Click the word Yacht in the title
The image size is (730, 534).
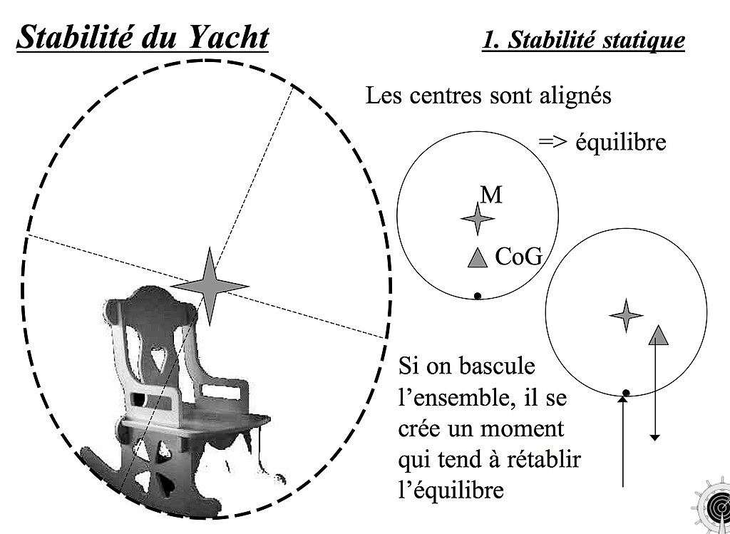[x=229, y=37]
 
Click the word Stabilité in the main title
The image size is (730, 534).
[x=73, y=37]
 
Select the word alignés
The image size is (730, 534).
[x=575, y=96]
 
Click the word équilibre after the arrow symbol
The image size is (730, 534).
[x=621, y=143]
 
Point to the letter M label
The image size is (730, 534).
[x=491, y=195]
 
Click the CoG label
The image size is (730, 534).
[x=519, y=257]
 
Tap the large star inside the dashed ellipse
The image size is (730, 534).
[x=210, y=286]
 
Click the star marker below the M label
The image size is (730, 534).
[x=478, y=218]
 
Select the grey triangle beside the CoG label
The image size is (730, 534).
[x=478, y=258]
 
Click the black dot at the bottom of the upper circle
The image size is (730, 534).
[x=477, y=296]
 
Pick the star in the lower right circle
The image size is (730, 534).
[x=626, y=316]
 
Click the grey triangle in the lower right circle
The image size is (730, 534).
[x=658, y=335]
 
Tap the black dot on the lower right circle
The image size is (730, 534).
[x=626, y=393]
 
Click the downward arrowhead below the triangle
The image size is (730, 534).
[x=654, y=437]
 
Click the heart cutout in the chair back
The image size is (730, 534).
[x=159, y=359]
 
